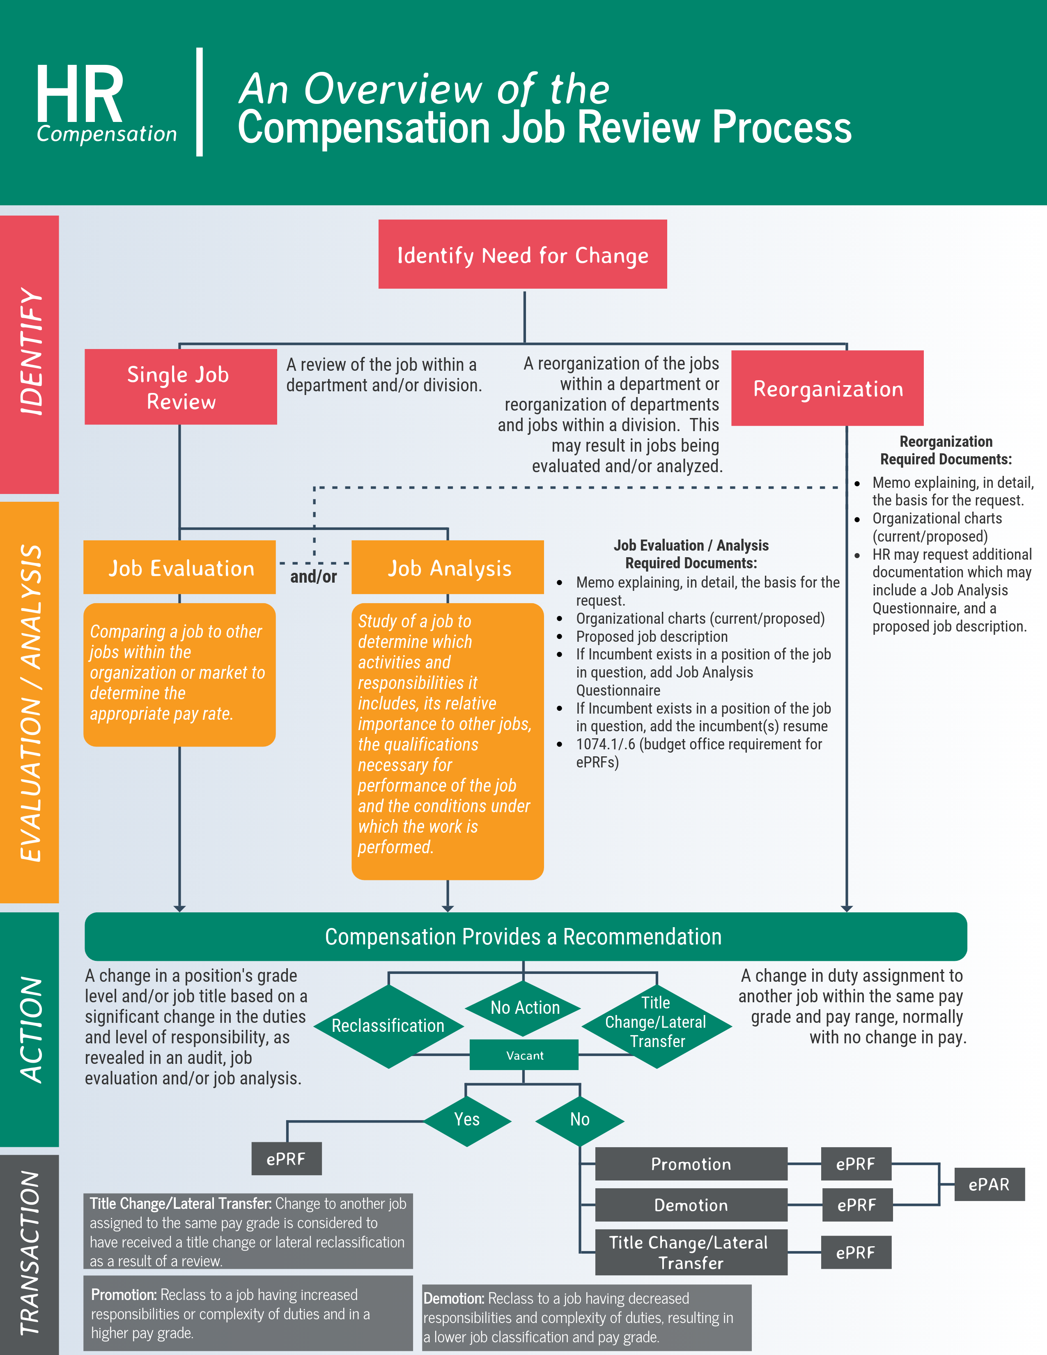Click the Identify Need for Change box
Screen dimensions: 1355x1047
tap(522, 255)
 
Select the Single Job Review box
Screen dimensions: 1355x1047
tap(181, 387)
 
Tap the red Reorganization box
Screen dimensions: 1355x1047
tap(827, 388)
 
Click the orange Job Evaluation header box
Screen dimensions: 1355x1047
tap(180, 568)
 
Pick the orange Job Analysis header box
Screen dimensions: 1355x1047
tap(448, 568)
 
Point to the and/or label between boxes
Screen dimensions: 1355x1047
tap(313, 577)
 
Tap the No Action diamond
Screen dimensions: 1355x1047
tap(524, 1008)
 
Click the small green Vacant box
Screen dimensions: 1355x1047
tap(524, 1055)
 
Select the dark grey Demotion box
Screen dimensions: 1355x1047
tap(691, 1205)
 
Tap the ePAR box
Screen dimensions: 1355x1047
tap(989, 1184)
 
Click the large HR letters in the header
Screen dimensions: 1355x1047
tap(79, 94)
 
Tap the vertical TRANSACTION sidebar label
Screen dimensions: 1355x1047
tap(29, 1253)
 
